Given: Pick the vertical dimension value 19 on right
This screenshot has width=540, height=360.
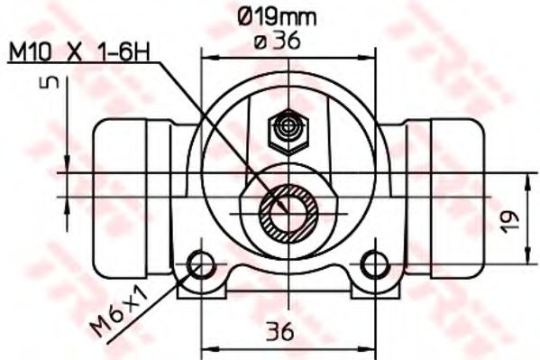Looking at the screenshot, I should pos(510,219).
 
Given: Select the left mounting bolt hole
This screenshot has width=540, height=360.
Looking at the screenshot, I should pos(200,265).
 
